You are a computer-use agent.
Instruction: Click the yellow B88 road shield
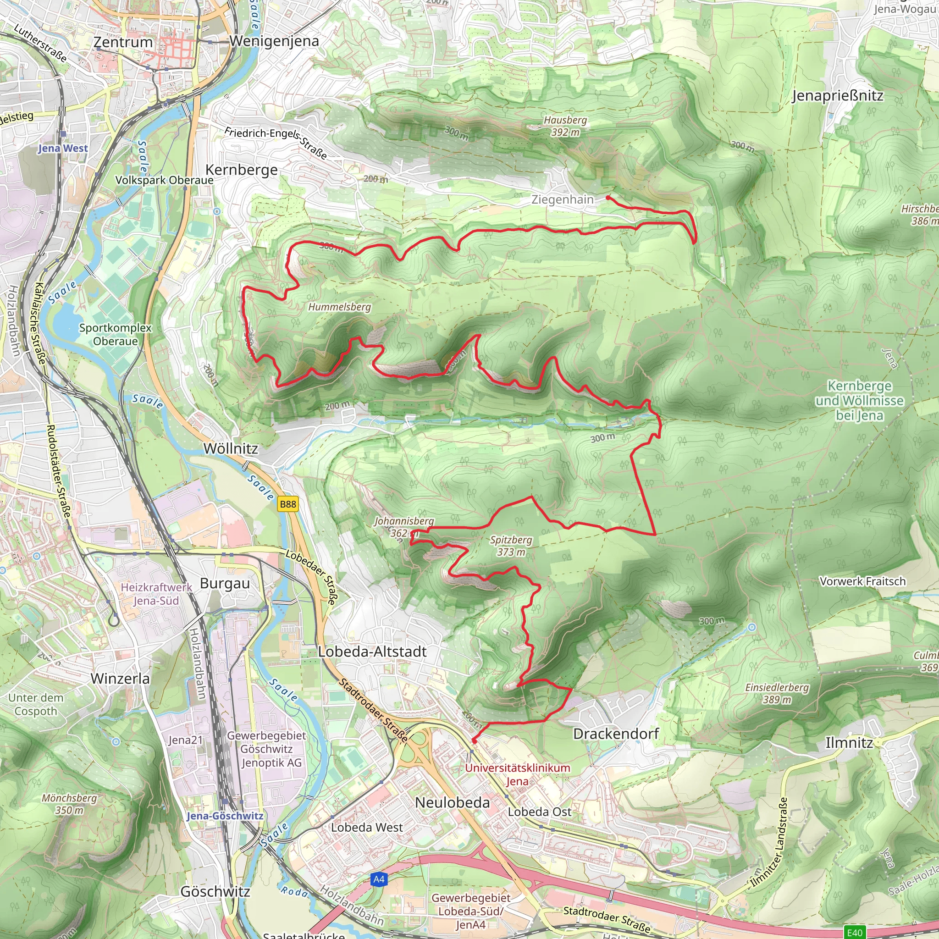[x=288, y=504]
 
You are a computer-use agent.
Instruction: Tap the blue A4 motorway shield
[x=379, y=879]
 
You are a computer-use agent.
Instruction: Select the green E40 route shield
[x=855, y=932]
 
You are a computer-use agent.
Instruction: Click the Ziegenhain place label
[x=562, y=200]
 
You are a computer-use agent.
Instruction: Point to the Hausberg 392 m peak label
[x=565, y=126]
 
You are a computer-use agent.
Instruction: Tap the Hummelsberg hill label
[x=339, y=307]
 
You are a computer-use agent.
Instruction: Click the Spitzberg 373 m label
[x=511, y=546]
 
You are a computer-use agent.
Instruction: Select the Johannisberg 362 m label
[x=404, y=527]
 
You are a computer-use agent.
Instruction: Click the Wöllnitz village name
[x=231, y=448]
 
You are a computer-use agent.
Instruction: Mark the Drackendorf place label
[x=616, y=734]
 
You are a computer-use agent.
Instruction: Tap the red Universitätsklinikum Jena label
[x=517, y=775]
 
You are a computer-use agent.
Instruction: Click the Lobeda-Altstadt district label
[x=372, y=652]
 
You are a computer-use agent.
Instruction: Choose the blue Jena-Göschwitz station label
[x=225, y=816]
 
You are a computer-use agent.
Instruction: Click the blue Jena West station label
[x=63, y=148]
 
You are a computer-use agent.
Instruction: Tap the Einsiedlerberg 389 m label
[x=777, y=694]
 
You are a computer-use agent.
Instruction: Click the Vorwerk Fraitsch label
[x=862, y=581]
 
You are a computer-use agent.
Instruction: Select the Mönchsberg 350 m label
[x=69, y=804]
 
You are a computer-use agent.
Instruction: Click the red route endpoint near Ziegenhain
[x=608, y=198]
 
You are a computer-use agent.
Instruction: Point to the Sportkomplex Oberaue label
[x=115, y=334]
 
